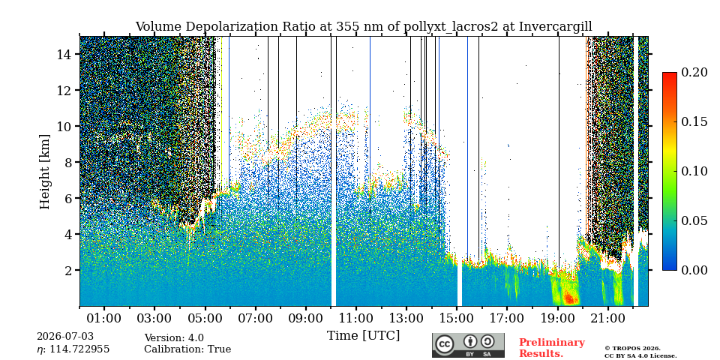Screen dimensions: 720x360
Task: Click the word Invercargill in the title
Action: click(556, 27)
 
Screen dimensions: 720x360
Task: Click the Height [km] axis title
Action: click(44, 172)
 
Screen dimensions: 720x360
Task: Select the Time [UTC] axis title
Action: click(363, 336)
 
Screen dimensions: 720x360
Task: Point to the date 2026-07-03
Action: click(65, 337)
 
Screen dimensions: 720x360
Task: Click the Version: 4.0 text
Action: click(174, 338)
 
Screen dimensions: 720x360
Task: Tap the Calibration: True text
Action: click(187, 349)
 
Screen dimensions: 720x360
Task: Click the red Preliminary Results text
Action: click(552, 348)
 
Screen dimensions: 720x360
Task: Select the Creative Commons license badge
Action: click(468, 345)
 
